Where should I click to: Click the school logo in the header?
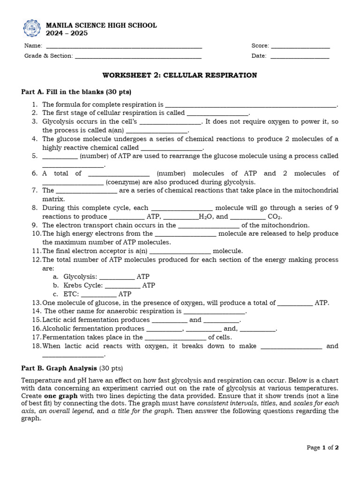point(32,29)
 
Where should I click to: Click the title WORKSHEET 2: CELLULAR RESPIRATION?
point(180,75)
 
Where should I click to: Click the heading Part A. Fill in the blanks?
point(76,91)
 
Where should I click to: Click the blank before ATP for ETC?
point(98,295)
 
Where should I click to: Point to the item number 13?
point(37,303)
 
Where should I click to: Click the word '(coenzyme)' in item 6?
point(121,182)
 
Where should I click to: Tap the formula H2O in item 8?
point(205,217)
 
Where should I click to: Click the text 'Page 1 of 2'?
point(322,448)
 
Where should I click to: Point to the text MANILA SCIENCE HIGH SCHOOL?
point(101,25)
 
